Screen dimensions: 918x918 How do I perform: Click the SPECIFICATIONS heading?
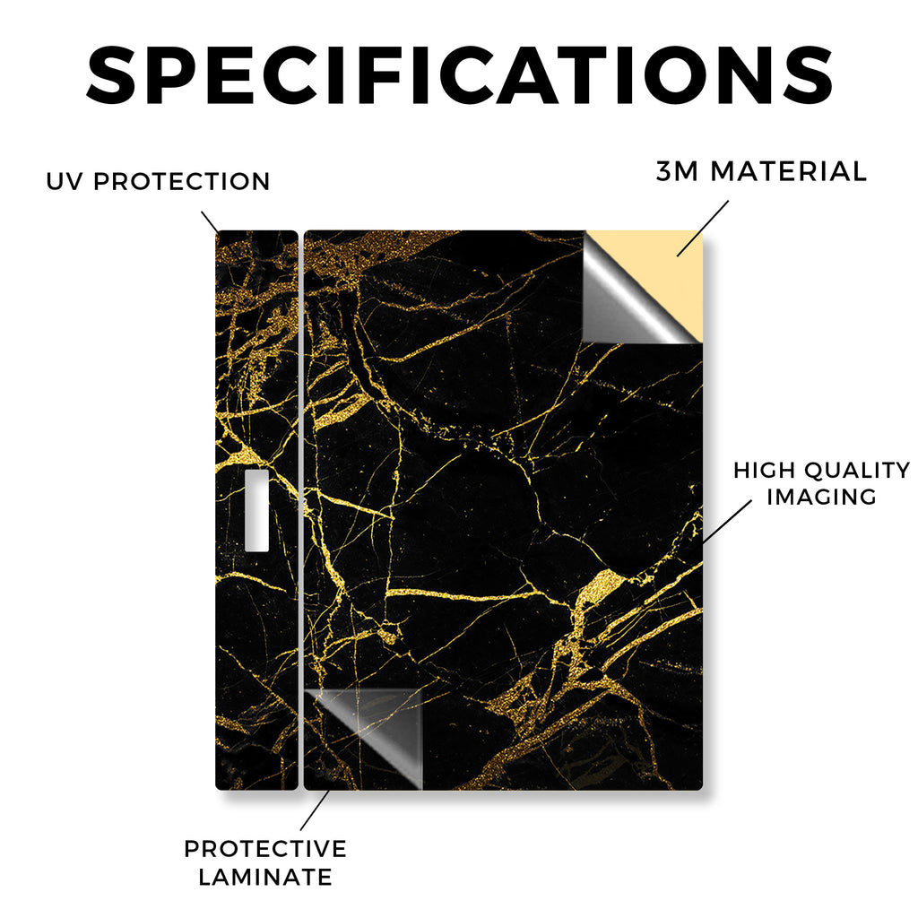pos(459,75)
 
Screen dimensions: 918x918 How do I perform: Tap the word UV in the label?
pos(65,181)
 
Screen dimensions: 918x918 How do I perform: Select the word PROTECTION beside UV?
pos(181,181)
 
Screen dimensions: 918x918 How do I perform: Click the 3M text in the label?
pos(677,171)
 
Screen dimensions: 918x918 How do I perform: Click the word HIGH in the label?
pos(764,470)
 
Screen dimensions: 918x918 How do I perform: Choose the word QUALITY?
pos(857,470)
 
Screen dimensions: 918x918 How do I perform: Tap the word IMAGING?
pos(821,497)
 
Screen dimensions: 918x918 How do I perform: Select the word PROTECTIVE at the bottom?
pos(265,849)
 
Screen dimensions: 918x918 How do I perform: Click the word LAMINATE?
pos(265,877)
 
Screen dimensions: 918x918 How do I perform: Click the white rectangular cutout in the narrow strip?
pos(256,510)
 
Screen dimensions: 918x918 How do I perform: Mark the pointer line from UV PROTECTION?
pos(210,222)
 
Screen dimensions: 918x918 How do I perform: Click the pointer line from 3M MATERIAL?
pos(703,229)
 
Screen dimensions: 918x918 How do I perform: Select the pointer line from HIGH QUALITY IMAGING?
pos(726,521)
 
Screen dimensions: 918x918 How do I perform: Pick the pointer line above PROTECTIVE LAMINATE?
pos(315,810)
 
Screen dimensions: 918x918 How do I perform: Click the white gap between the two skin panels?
pos(301,510)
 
